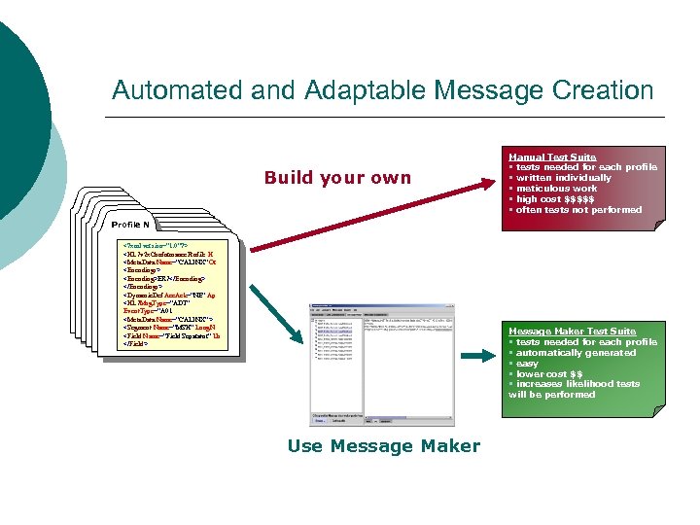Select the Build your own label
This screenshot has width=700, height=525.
(337, 178)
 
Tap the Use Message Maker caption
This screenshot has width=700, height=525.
(383, 446)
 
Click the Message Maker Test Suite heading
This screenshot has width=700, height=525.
(572, 332)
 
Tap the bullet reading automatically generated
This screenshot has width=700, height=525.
(575, 353)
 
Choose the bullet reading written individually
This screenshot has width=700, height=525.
(563, 178)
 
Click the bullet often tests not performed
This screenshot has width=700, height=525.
(577, 210)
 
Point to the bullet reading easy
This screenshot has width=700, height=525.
(529, 363)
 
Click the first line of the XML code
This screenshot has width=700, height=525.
(156, 246)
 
